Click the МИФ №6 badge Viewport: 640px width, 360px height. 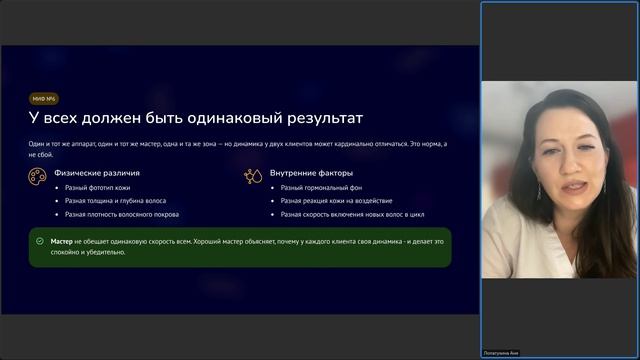click(43, 99)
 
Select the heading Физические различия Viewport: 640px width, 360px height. click(95, 173)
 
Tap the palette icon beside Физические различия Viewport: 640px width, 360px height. click(36, 175)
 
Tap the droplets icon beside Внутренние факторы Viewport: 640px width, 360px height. click(252, 175)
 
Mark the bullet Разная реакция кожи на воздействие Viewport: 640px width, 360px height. click(336, 200)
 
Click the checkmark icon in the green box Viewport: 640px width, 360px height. click(40, 241)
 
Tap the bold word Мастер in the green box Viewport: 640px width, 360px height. click(62, 241)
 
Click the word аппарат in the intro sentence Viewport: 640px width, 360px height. click(81, 144)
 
